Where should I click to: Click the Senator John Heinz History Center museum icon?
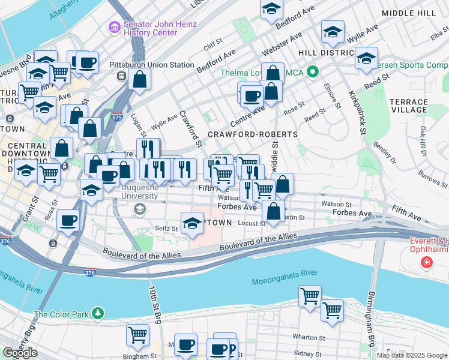114,28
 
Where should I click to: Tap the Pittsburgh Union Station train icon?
121,76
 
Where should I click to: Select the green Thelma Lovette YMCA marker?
312,73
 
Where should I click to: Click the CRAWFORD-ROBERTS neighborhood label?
253,134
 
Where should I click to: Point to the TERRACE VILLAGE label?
408,106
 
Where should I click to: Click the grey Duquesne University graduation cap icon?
140,209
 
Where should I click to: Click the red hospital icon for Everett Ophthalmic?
427,262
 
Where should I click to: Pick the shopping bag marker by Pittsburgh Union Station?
139,79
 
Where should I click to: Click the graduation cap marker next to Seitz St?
192,223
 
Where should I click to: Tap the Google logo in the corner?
20,353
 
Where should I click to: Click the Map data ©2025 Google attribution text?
412,355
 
